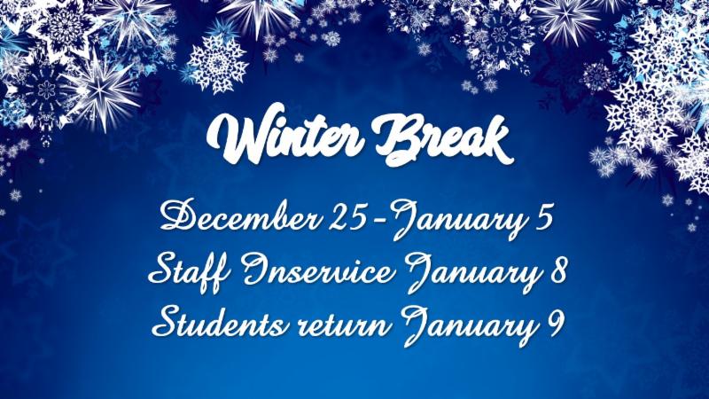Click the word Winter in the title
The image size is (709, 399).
point(284,136)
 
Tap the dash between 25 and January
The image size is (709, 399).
point(380,220)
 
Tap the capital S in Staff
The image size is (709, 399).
point(164,270)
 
